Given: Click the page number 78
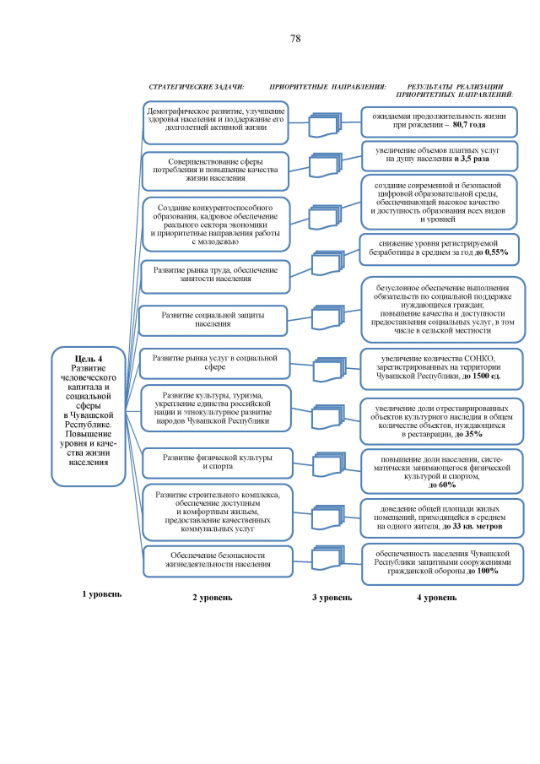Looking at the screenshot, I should [295, 39].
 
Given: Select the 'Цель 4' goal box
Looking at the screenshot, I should [89, 416].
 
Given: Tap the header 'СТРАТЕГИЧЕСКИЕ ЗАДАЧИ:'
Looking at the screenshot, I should [196, 87].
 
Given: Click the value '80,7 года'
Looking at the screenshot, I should [469, 124].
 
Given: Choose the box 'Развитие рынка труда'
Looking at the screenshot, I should [213, 272].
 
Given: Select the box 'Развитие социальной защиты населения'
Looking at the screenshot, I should [213, 318].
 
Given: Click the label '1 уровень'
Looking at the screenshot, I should [101, 593].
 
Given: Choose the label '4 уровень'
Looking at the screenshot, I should [437, 597].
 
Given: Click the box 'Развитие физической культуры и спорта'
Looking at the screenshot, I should [213, 462].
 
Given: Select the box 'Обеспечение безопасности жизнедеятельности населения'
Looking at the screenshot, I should [213, 559].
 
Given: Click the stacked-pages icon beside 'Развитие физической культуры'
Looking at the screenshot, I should [324, 463].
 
